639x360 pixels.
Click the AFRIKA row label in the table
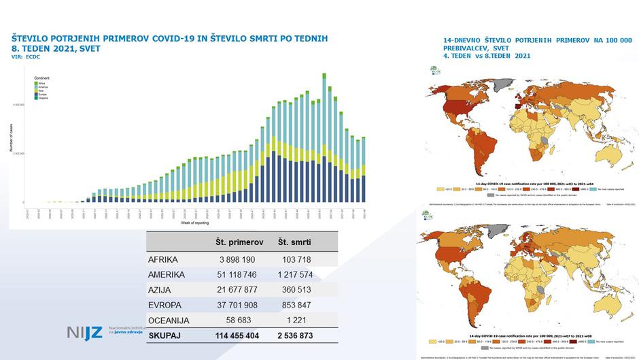click(162, 260)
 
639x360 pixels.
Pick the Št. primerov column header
click(239, 242)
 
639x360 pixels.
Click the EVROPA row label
click(166, 305)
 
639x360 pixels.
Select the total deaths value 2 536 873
click(296, 336)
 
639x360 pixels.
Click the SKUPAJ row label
click(167, 336)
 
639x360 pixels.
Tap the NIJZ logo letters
click(84, 333)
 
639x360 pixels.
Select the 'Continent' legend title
click(41, 79)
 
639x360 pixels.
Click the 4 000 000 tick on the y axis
click(21, 105)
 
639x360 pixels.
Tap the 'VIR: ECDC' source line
click(27, 56)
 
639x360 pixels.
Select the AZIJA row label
click(160, 290)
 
